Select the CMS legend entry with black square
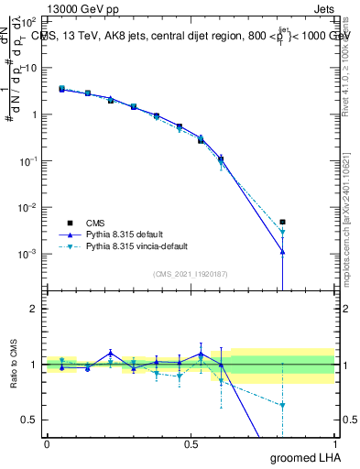point(92,223)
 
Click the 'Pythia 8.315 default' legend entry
point(127,234)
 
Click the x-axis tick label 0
point(47,443)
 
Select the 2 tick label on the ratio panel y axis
point(34,309)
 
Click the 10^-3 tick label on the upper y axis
point(27,254)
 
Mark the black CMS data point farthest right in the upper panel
point(283,222)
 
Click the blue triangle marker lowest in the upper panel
point(283,252)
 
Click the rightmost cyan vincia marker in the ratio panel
point(283,405)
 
